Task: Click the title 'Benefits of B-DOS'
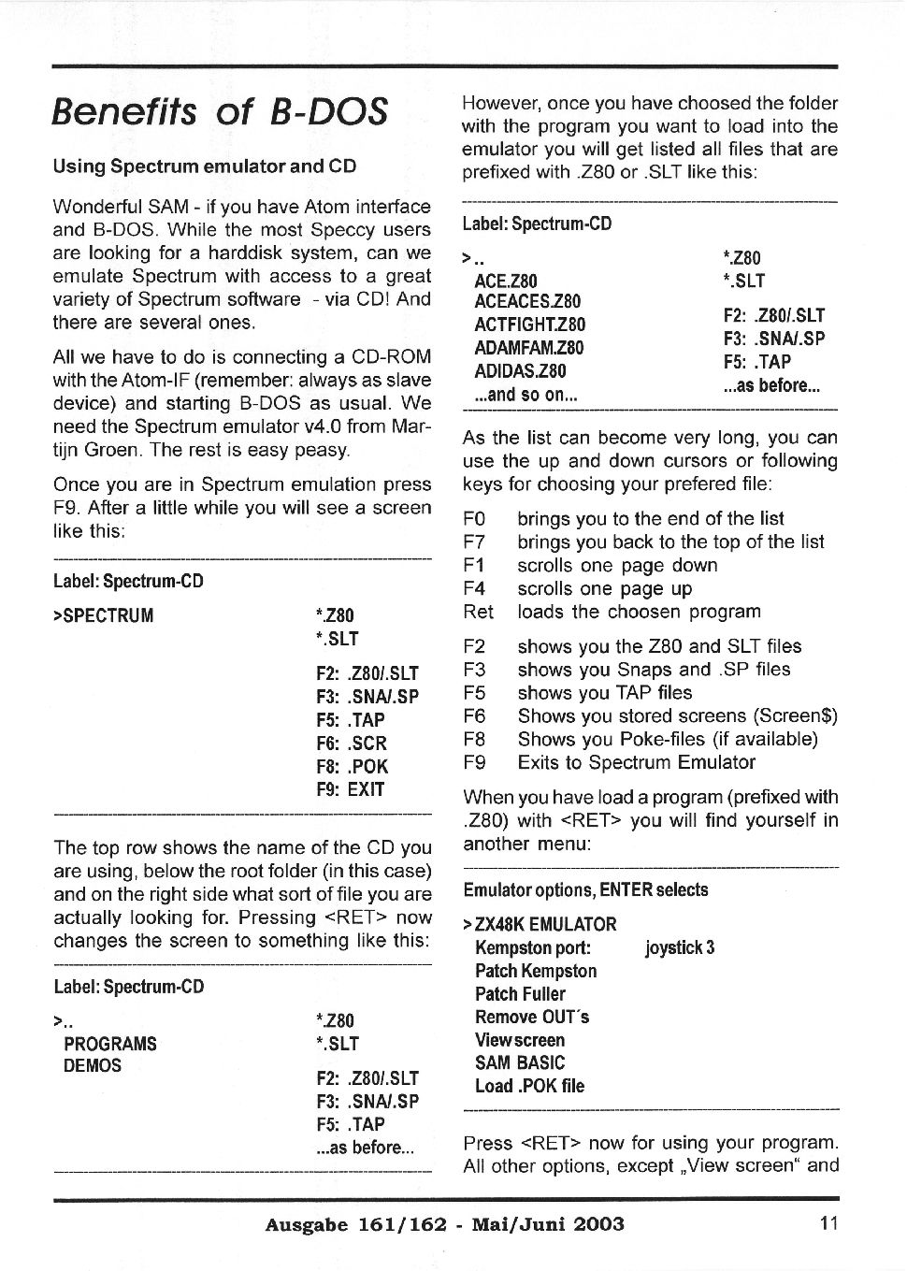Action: (x=220, y=112)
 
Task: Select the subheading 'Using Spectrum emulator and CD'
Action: (x=205, y=166)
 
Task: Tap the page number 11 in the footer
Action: (x=828, y=1222)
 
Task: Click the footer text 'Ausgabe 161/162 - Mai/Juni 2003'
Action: (x=444, y=1224)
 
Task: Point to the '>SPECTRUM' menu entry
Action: (x=104, y=616)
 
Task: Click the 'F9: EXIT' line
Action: (x=351, y=789)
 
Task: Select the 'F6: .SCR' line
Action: (x=352, y=744)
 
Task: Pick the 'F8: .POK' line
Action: (x=352, y=767)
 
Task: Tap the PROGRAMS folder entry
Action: (x=110, y=1044)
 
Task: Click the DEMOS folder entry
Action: (x=93, y=1066)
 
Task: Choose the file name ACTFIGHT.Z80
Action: (x=529, y=325)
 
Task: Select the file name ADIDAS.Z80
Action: (x=520, y=371)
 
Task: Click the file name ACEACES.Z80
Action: (x=527, y=301)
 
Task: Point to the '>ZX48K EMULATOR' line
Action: (x=540, y=925)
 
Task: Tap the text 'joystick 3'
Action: (x=680, y=948)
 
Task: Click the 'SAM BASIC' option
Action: (x=520, y=1063)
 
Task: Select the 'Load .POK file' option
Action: (x=529, y=1087)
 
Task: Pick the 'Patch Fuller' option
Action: (x=520, y=994)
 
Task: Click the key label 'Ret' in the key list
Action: (x=478, y=612)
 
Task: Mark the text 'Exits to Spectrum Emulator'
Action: (x=636, y=762)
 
